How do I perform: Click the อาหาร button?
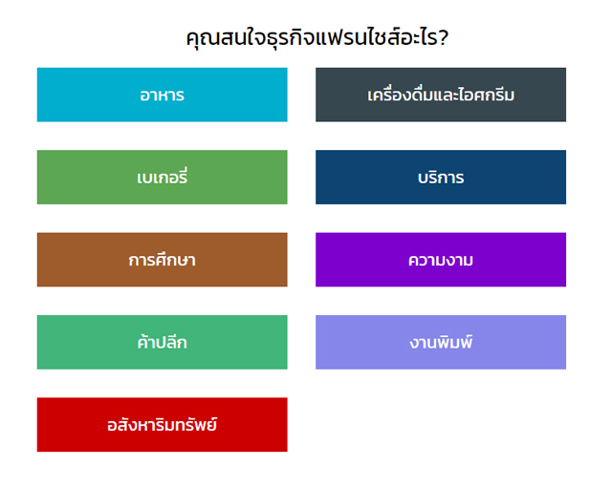[163, 95]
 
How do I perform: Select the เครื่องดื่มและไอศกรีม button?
[441, 95]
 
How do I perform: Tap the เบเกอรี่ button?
[163, 177]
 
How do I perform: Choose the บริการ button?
[441, 177]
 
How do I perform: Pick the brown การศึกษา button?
[163, 260]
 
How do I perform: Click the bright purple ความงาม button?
[441, 260]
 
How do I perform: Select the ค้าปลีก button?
[163, 342]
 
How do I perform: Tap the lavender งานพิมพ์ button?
[441, 342]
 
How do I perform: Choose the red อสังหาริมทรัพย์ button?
[163, 425]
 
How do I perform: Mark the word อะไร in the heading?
[416, 37]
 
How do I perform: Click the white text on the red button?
[162, 425]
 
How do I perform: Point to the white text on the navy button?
[441, 178]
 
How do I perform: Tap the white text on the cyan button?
[162, 95]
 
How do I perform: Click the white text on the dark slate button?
[441, 95]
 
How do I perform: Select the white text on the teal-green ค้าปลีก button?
[162, 342]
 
